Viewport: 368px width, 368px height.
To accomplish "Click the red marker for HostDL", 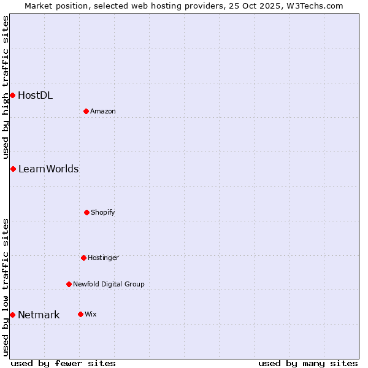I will click(x=12, y=95).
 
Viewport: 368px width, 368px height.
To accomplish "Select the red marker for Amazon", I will click(x=86, y=111).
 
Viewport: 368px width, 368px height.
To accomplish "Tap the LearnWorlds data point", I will click(x=13, y=169).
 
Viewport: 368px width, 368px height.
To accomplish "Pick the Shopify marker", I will click(x=86, y=212).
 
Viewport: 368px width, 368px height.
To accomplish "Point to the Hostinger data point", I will click(x=83, y=258).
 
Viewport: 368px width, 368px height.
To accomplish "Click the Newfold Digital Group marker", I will click(x=69, y=284).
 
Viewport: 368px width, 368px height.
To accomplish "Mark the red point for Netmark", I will click(x=12, y=315).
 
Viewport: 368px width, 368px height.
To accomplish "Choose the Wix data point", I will click(x=80, y=314).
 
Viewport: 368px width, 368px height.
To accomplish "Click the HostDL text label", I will click(x=35, y=95).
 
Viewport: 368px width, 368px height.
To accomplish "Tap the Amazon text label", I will click(x=103, y=111).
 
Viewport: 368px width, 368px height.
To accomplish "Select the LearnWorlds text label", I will click(x=48, y=169).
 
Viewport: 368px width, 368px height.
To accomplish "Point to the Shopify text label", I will click(x=103, y=212).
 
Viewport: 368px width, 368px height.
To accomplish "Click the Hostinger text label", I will click(x=103, y=258).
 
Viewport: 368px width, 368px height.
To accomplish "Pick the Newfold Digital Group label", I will click(x=109, y=284).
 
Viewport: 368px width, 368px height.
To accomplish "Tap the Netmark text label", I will click(x=39, y=315).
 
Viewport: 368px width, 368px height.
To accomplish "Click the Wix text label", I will click(x=91, y=314).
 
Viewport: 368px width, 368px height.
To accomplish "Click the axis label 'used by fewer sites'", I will click(x=63, y=363).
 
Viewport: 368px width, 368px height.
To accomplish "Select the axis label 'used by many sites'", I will click(x=308, y=363).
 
